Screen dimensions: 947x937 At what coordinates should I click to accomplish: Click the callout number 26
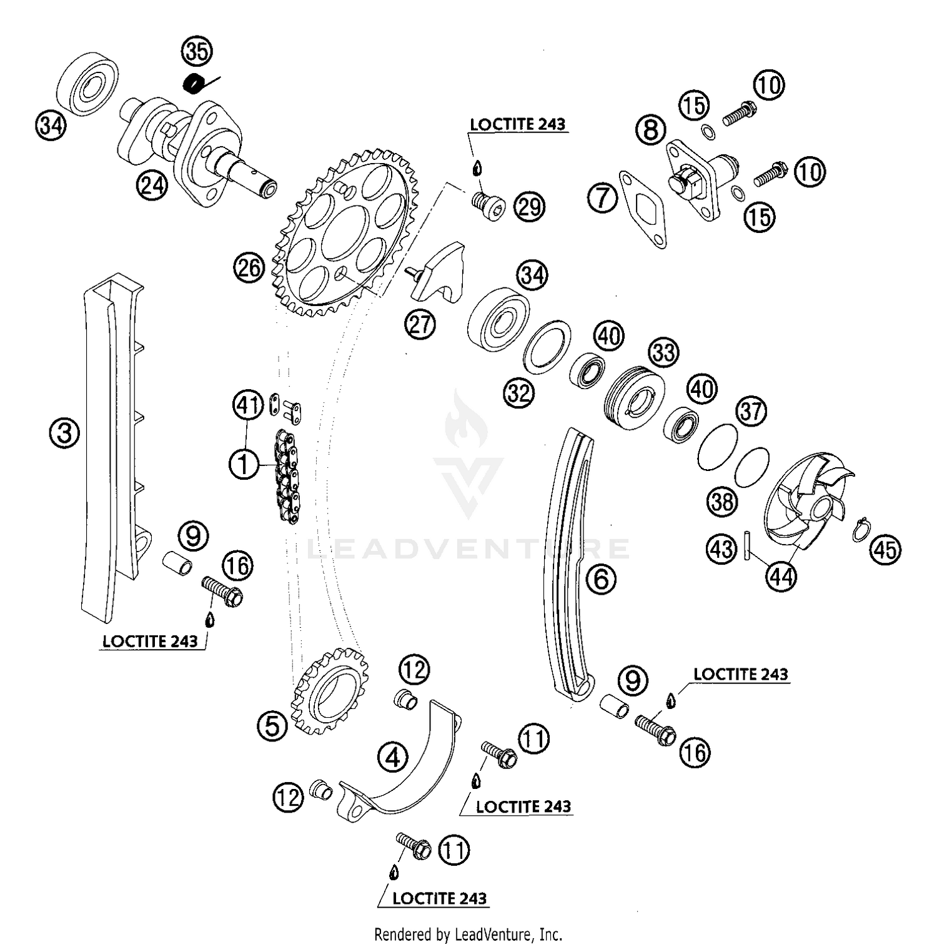pos(249,268)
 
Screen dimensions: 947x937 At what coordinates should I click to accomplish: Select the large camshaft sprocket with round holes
pos(342,231)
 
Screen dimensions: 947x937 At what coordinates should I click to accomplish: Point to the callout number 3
pos(65,433)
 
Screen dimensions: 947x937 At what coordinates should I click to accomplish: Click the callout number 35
pos(197,51)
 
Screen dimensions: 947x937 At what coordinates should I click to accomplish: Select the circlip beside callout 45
pos(862,530)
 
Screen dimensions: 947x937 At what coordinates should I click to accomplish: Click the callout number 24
pos(153,185)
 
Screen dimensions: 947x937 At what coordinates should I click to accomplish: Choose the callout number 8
pos(651,131)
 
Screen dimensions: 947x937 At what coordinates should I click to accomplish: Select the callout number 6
pos(601,579)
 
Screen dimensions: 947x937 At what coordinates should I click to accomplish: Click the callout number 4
pos(392,758)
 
